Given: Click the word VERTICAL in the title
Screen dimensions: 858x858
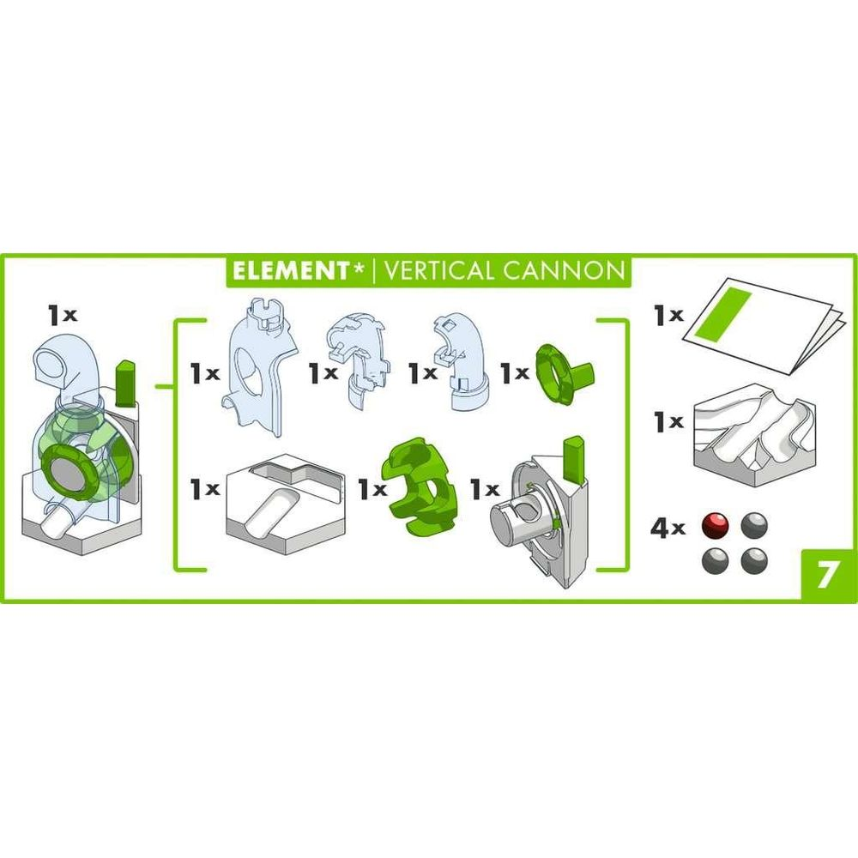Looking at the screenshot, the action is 438,271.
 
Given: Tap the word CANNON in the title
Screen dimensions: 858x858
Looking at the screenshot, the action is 564,271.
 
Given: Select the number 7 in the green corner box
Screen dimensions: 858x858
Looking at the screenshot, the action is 827,575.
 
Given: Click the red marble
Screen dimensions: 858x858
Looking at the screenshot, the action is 716,526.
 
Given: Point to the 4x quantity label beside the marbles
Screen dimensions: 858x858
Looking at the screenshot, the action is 667,528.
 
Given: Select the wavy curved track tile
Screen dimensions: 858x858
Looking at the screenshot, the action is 755,434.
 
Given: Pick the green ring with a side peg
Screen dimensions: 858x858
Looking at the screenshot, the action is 565,373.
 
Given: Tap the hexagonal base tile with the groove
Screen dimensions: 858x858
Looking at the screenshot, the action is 287,504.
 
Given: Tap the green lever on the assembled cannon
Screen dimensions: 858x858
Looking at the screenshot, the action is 125,383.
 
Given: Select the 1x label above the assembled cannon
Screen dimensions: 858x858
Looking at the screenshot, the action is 63,315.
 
